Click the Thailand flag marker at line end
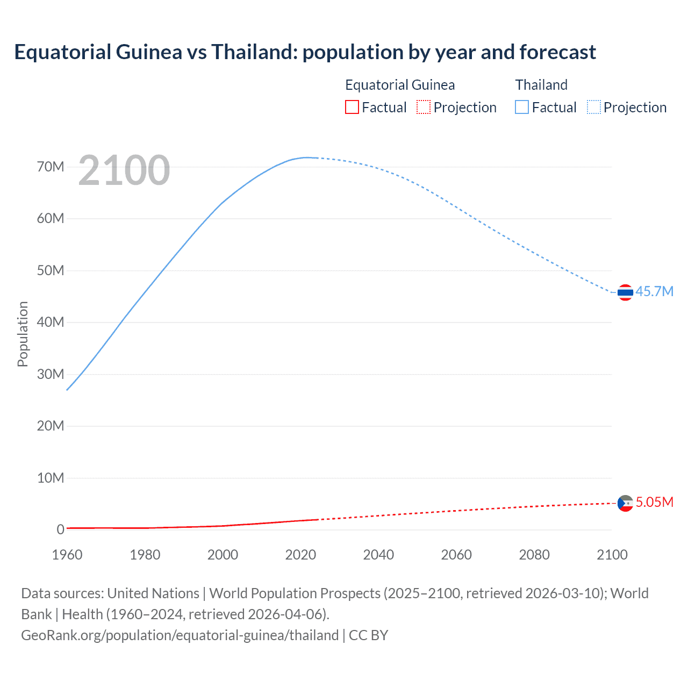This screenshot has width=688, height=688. point(625,292)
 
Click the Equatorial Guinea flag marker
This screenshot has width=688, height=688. point(625,503)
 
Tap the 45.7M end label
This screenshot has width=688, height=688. point(654,291)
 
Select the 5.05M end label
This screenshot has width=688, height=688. point(654,502)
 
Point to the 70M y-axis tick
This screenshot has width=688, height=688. point(51,167)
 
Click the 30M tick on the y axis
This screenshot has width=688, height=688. point(51,374)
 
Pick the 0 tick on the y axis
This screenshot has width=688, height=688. point(60,529)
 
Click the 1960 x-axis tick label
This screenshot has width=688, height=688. point(67,555)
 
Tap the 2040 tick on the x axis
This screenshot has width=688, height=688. point(378,555)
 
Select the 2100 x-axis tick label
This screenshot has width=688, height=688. point(612,555)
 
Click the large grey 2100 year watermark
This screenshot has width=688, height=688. point(124,170)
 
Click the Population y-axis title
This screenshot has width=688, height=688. point(23,334)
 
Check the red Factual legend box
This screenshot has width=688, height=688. point(352,107)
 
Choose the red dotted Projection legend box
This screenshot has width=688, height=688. point(424,107)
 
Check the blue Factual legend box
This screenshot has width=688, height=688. point(522,107)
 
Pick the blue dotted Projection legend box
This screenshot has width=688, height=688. point(594,107)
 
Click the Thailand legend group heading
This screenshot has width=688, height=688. point(541,85)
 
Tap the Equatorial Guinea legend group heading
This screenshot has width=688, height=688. point(400,85)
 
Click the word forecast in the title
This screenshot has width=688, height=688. point(558,52)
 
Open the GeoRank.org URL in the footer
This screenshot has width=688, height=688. point(180,635)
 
